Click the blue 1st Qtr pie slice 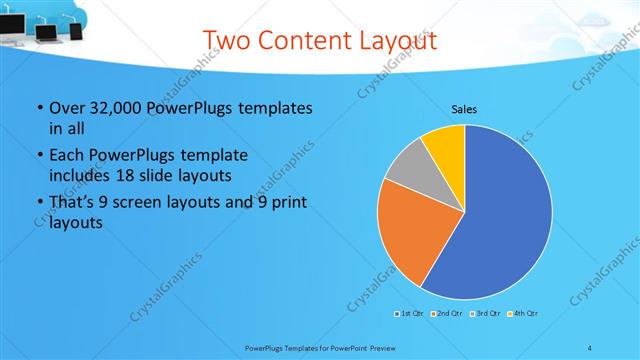click(x=505, y=220)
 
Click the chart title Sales click(x=464, y=108)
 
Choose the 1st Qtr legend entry click(x=409, y=314)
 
